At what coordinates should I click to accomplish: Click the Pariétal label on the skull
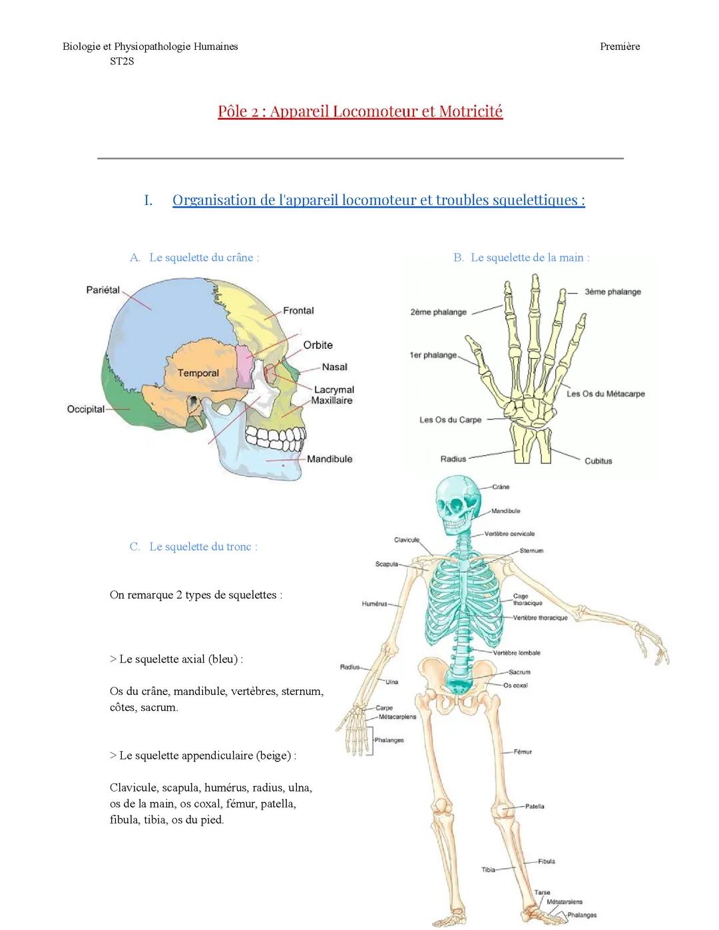tap(103, 290)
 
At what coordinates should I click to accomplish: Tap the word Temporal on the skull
tap(198, 373)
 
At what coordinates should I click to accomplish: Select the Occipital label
tap(86, 409)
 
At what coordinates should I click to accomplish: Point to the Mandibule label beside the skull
tap(330, 459)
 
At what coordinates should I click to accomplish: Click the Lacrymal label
tap(334, 389)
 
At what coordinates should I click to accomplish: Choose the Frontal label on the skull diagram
tap(298, 310)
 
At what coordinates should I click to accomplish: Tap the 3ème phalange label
tap(612, 292)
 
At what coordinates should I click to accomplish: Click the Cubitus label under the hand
tap(598, 461)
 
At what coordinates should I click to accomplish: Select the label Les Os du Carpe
tap(450, 419)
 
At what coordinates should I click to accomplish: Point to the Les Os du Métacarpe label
tap(605, 393)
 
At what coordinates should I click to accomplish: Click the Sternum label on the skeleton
tap(531, 551)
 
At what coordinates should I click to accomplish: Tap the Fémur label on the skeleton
tap(523, 752)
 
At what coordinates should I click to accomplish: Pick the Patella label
tap(535, 806)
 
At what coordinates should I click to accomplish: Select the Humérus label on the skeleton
tap(374, 604)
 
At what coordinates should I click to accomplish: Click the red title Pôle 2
tap(360, 111)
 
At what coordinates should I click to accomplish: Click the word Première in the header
tap(619, 47)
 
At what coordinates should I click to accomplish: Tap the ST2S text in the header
tap(122, 62)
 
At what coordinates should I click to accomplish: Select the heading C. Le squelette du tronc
tap(194, 547)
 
